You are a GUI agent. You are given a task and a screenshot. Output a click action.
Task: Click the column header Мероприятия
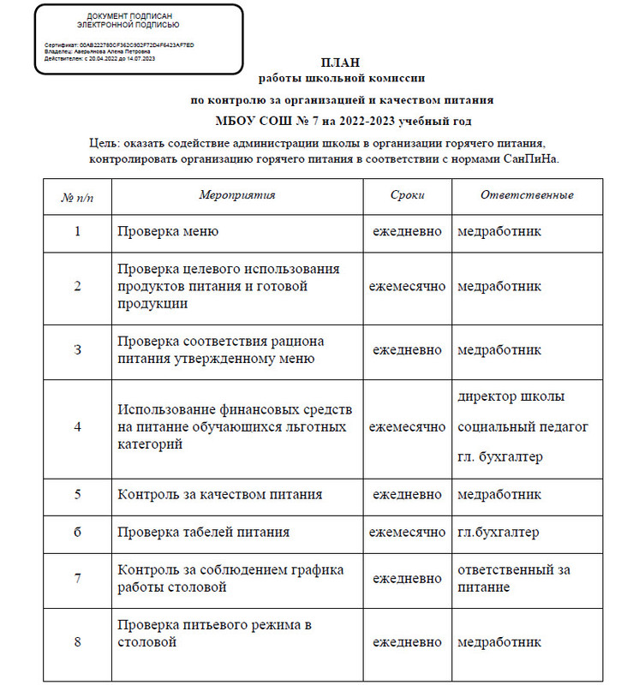click(237, 195)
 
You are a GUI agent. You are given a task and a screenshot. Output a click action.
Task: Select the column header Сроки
click(407, 195)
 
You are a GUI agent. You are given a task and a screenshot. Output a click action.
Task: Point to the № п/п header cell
click(77, 196)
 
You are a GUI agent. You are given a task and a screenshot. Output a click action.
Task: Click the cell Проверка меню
click(168, 231)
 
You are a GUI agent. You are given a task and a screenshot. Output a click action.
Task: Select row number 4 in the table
click(78, 427)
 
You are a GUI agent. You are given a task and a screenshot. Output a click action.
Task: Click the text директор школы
click(511, 397)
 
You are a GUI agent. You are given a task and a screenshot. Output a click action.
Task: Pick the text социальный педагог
click(523, 426)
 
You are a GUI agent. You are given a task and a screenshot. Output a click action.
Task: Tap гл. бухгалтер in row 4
click(500, 456)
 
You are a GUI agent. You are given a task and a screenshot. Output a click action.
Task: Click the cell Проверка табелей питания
click(203, 532)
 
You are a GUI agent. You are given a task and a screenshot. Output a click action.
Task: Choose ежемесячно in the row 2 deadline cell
click(407, 286)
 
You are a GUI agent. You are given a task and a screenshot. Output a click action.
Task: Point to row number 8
click(78, 641)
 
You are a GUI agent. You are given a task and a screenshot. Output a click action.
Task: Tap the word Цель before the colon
click(105, 141)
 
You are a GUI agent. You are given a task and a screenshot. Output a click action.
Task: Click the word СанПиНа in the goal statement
click(532, 158)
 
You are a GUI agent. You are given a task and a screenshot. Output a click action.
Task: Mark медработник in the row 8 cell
click(499, 642)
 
